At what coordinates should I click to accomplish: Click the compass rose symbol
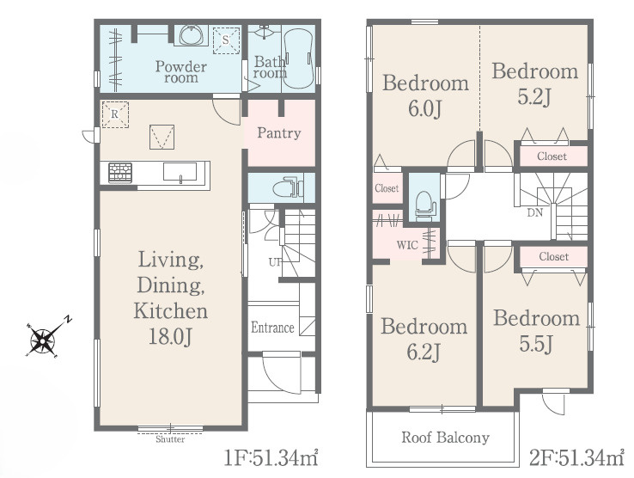coord(42,340)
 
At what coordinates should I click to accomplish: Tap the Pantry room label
coord(279,133)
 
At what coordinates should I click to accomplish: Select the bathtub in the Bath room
coord(298,58)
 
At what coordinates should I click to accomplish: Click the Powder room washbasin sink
coord(193,34)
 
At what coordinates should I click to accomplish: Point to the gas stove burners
coord(120,173)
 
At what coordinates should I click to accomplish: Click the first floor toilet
coord(289,187)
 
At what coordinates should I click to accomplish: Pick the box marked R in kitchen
coord(115,114)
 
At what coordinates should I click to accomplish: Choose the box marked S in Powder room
coord(226,40)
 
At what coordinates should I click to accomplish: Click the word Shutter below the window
coord(170,439)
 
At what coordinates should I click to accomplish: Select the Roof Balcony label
coord(445,437)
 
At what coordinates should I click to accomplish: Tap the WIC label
coord(407,245)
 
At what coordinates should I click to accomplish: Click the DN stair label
coord(535,212)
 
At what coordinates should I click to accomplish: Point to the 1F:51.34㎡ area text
coord(271,457)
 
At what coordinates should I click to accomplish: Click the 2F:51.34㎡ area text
coord(577,457)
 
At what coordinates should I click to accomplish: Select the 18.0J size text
coord(170,336)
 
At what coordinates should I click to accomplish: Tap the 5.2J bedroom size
coord(534,96)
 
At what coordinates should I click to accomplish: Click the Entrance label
coord(272,327)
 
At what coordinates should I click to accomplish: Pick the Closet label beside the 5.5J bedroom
coord(553,256)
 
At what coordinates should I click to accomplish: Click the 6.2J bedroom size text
coord(424,352)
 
